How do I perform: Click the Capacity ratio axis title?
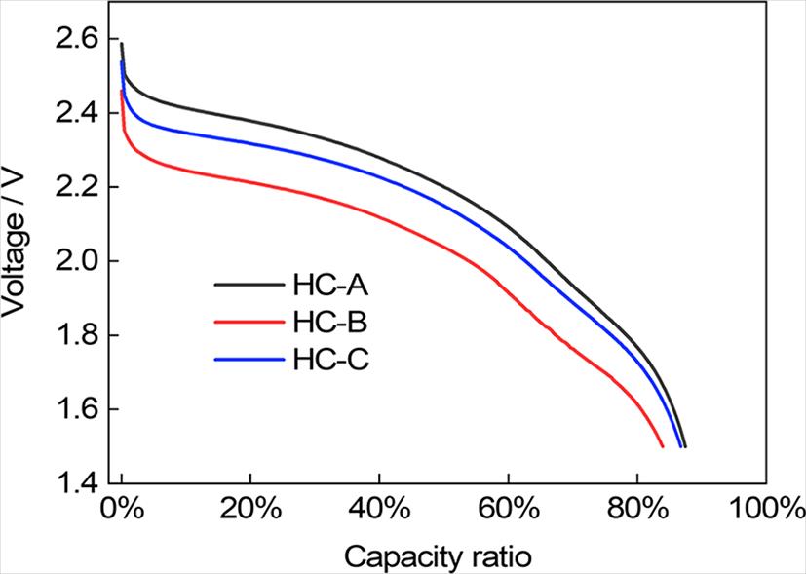438,557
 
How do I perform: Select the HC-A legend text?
327,285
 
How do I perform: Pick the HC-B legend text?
327,322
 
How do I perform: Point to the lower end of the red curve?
663,446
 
